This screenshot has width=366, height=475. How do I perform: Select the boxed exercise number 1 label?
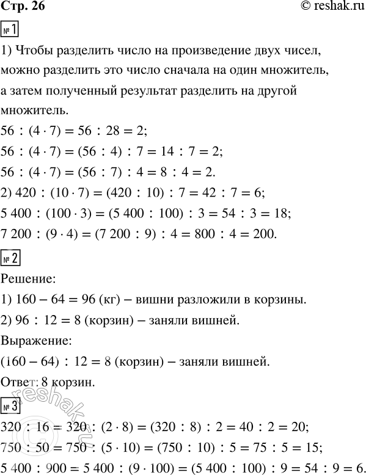pos(11,28)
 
